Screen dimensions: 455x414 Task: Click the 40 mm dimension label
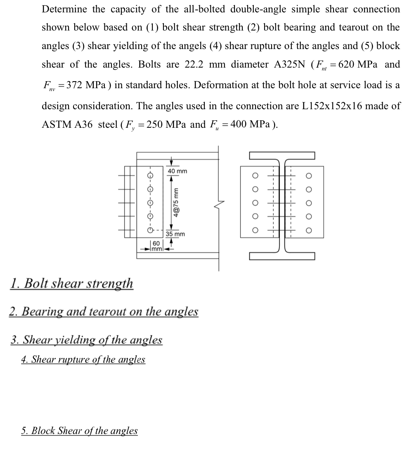[x=177, y=171]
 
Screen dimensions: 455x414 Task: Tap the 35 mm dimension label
[x=175, y=234]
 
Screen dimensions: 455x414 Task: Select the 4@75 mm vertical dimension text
[x=176, y=202]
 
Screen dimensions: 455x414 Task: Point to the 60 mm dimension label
[x=156, y=246]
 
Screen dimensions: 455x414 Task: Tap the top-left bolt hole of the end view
[x=255, y=176]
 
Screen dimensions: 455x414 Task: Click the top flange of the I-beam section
[x=282, y=155]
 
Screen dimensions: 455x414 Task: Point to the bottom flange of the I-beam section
[x=282, y=257]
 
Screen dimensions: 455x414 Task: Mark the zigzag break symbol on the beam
[x=218, y=204]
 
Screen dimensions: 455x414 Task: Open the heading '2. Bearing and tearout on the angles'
[x=104, y=312]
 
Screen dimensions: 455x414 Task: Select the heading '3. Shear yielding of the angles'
[x=86, y=340]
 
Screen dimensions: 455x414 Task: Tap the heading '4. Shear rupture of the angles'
[x=83, y=359]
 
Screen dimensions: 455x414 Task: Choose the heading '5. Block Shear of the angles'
[x=80, y=431]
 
